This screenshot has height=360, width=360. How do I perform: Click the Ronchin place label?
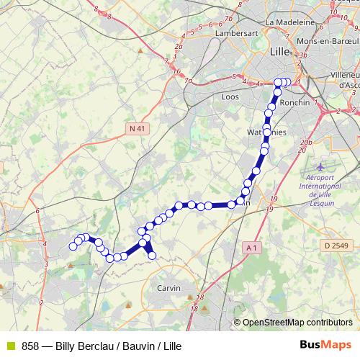294,102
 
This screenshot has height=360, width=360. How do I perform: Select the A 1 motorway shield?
251,248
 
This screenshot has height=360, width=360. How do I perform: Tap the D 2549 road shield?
336,246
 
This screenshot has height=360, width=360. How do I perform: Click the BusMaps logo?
326,345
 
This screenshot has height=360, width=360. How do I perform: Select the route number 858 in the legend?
31,346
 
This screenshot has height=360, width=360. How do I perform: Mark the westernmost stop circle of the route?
73,247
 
